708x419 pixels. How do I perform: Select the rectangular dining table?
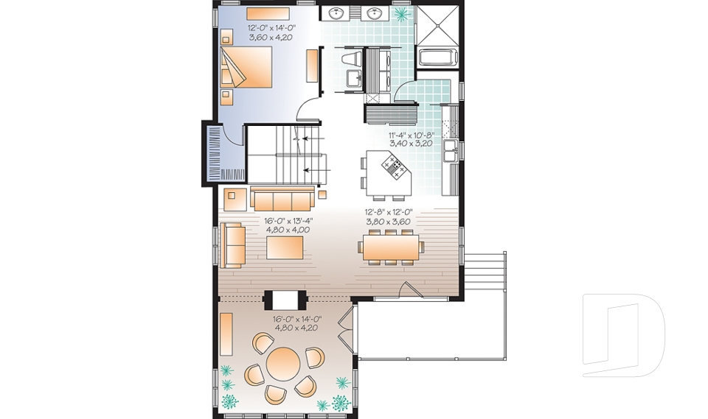(391, 247)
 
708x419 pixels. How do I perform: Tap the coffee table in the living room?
(285, 248)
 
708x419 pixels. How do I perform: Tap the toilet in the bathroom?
(352, 59)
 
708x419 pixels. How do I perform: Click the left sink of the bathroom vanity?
(336, 13)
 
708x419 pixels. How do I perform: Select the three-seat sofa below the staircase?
(282, 200)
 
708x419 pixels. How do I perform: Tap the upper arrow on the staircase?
(310, 138)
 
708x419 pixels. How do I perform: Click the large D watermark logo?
(624, 334)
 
